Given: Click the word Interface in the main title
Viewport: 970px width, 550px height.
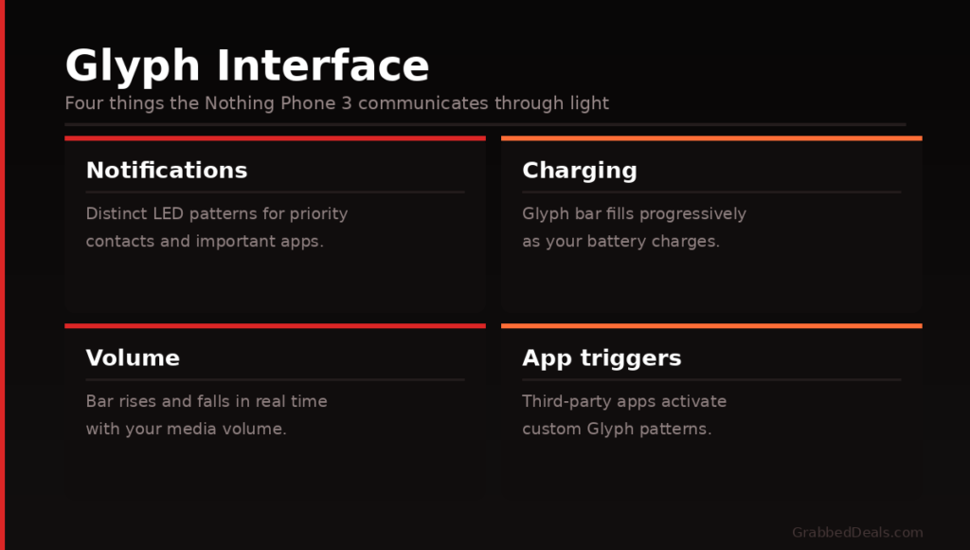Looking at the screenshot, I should [x=323, y=66].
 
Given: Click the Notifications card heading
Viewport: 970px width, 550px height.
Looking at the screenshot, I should [x=167, y=171].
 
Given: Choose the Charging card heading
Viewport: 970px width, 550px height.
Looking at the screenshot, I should [x=580, y=171].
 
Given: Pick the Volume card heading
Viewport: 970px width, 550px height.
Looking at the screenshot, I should [x=133, y=358].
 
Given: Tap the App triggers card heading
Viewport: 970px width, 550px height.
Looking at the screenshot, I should [x=602, y=358].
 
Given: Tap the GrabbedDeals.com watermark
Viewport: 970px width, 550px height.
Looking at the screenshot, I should [x=857, y=533].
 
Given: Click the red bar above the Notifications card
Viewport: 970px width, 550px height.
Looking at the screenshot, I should [x=275, y=138].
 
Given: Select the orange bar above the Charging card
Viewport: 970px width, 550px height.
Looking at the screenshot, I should [x=711, y=138].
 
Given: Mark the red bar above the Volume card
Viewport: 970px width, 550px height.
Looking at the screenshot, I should [x=275, y=326].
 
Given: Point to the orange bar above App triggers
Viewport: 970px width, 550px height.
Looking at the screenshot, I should [x=711, y=326].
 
